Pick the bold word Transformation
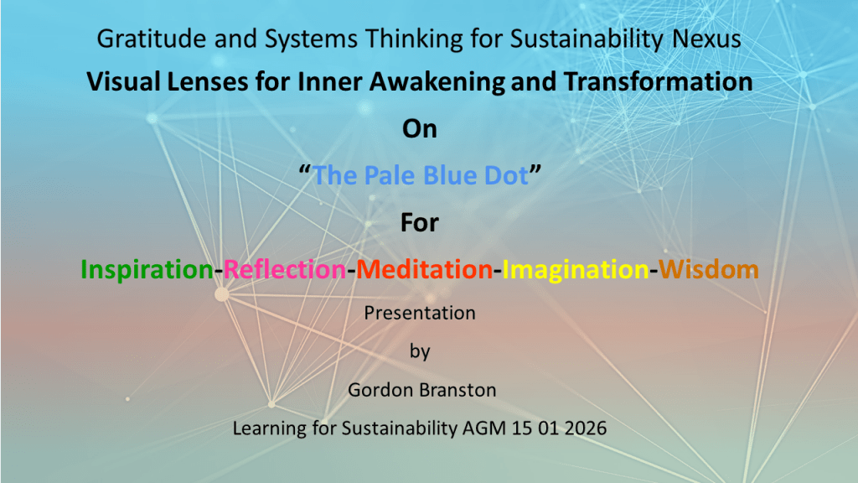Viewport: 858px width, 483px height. tap(659, 81)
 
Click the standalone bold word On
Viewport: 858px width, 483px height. tap(420, 129)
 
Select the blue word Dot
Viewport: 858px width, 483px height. tap(507, 176)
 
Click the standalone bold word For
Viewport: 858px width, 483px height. tap(420, 223)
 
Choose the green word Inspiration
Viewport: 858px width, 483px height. tap(147, 270)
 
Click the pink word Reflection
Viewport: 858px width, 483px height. tap(285, 269)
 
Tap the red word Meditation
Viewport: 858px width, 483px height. tap(425, 269)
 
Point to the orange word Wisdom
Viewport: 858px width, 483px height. tap(709, 269)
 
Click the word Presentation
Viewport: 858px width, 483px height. tap(420, 313)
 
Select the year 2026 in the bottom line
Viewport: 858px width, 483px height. tap(586, 428)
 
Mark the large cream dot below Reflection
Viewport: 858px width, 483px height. tap(221, 294)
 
